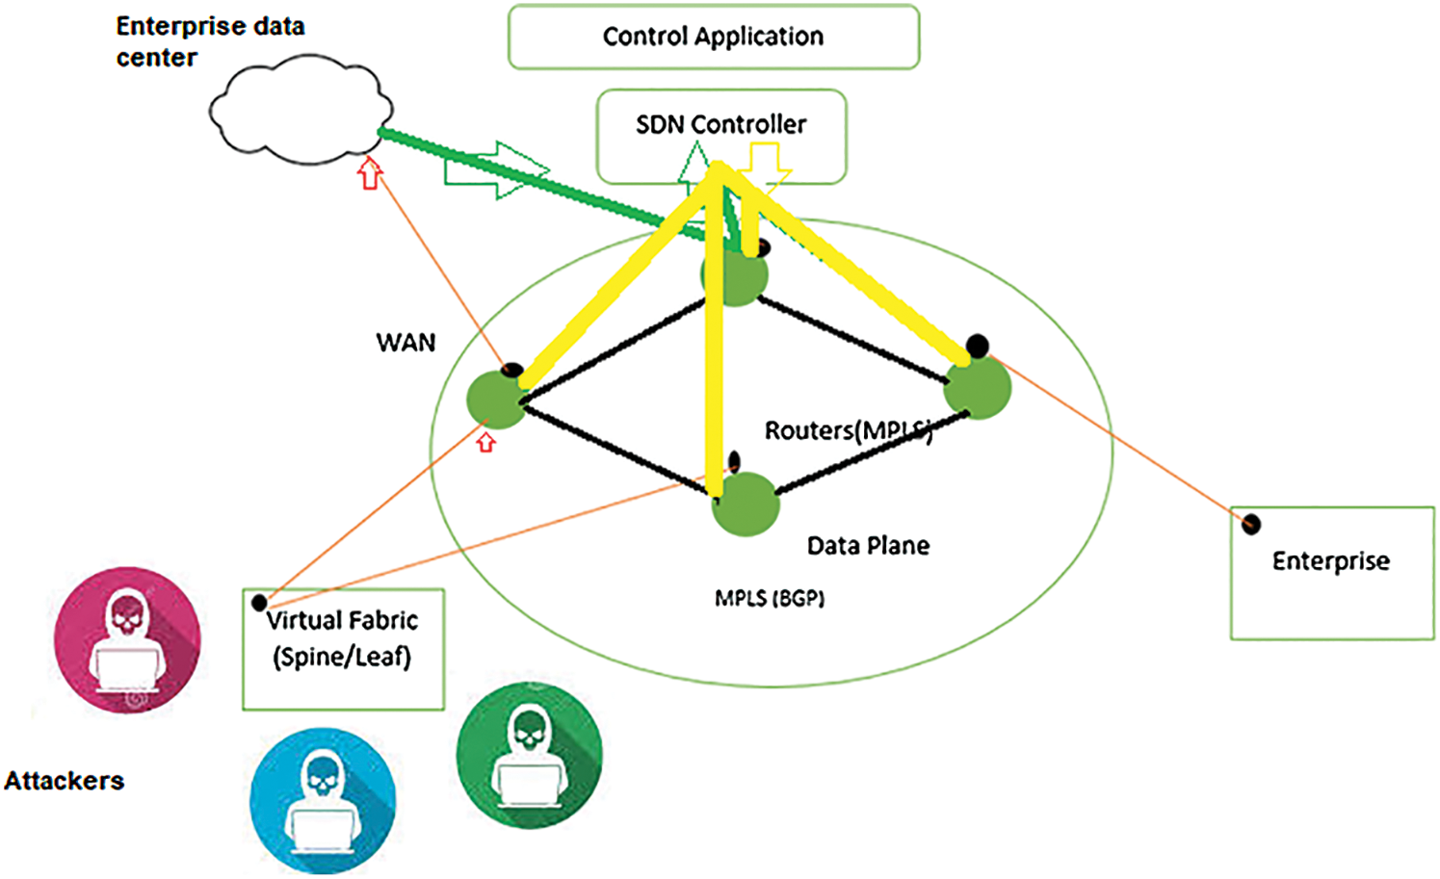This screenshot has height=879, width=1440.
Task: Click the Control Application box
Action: (713, 37)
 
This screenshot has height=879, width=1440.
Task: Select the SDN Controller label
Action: (720, 124)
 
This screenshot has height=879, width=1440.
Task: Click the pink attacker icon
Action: (127, 640)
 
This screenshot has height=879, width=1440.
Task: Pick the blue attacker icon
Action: (323, 800)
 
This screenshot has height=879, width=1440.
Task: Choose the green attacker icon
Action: (529, 756)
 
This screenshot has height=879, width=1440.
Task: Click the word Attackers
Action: (65, 781)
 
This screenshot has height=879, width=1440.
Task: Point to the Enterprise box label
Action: (1330, 561)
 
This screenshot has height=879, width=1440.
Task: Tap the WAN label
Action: (406, 343)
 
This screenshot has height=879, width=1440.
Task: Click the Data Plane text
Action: (868, 546)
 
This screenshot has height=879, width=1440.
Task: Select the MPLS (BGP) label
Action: (769, 599)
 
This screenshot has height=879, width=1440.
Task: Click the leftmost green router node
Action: (496, 399)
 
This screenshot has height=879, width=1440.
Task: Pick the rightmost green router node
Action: (978, 388)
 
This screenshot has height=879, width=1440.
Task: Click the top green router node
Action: (735, 275)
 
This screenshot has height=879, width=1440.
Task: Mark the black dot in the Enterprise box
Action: (1250, 524)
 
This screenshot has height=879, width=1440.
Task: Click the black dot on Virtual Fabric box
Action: (259, 603)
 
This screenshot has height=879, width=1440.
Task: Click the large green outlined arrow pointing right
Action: (496, 170)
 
